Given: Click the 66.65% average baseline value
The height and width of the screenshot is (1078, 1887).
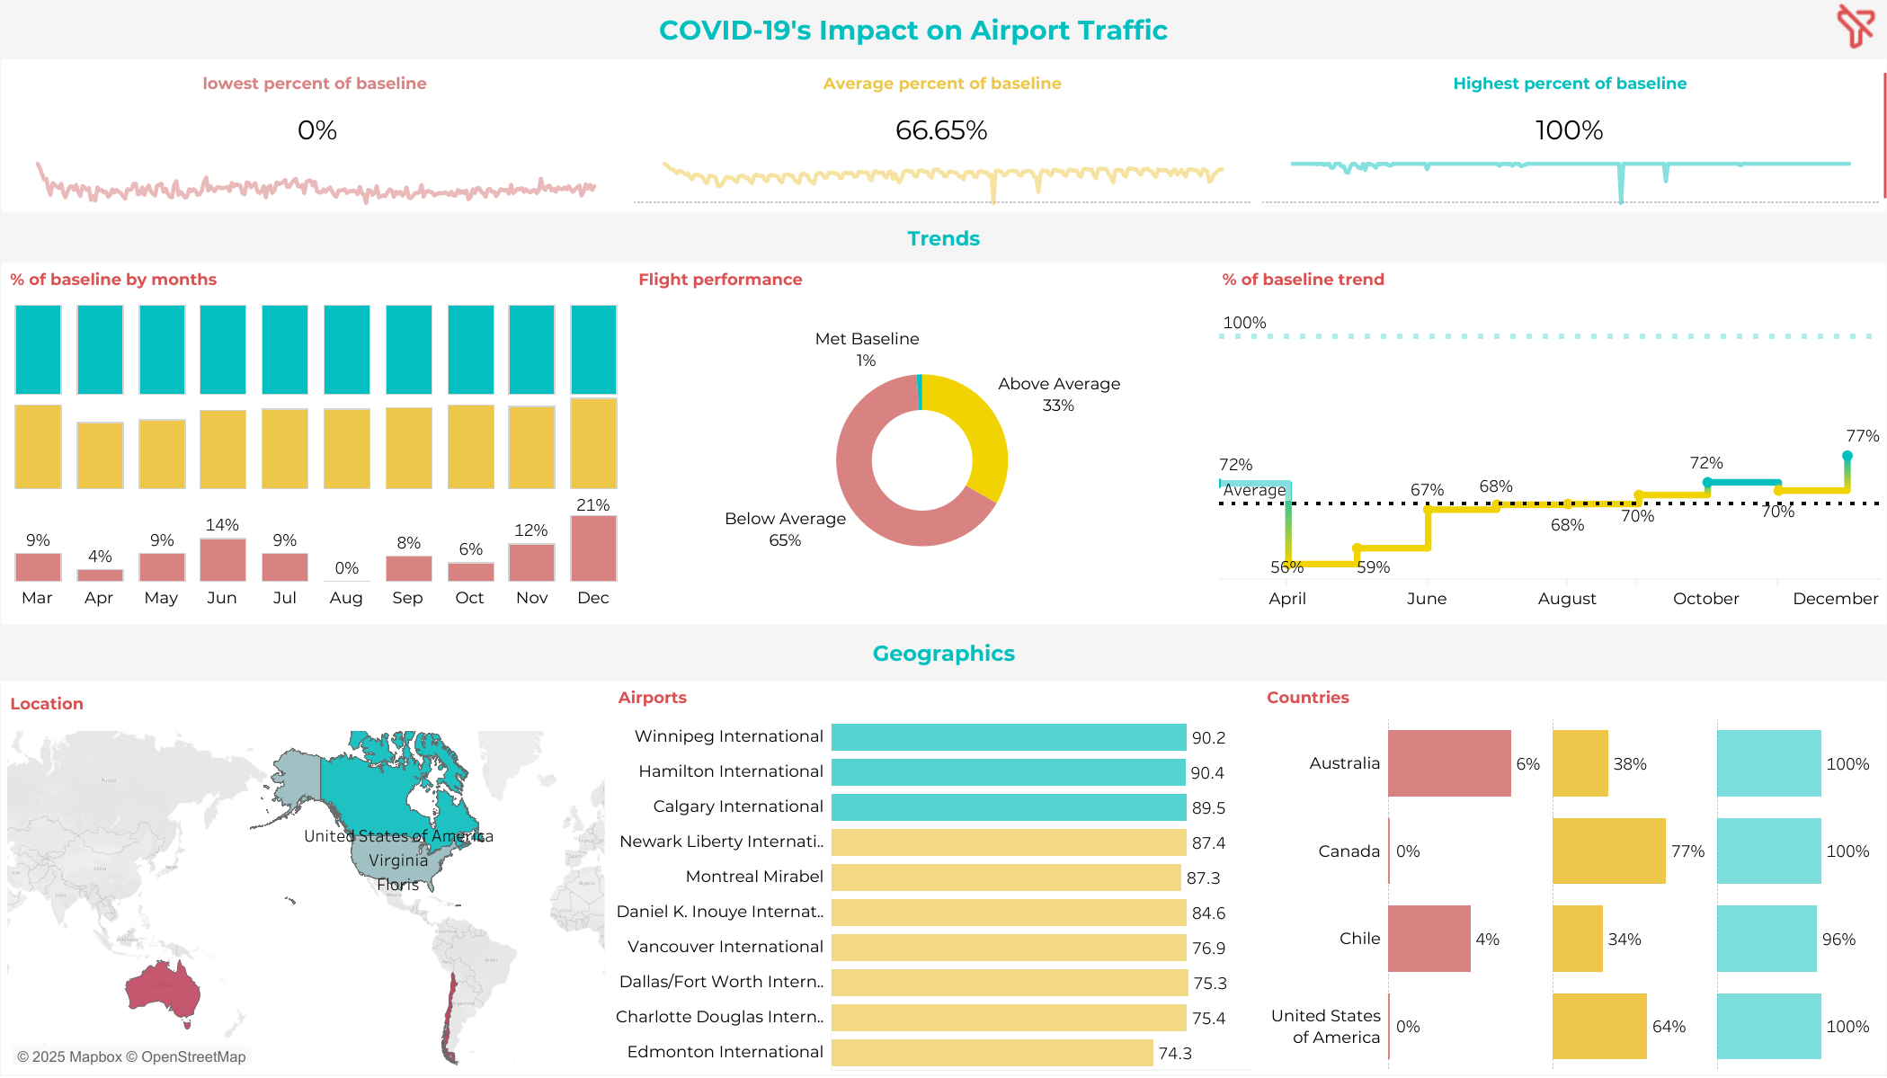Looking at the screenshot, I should point(941,131).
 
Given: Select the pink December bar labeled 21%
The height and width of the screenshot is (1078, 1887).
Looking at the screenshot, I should point(593,548).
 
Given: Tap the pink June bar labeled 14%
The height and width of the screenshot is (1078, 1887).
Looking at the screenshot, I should point(222,559).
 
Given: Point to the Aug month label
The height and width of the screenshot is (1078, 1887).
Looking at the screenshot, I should point(346,598).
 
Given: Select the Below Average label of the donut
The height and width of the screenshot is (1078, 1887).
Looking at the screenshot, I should point(785,519).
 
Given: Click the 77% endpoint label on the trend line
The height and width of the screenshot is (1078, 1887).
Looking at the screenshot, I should point(1862,436).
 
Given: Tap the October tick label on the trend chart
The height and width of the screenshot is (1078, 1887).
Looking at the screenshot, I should point(1705,599).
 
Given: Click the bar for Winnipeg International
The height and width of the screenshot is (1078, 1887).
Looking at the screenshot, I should point(1008,737).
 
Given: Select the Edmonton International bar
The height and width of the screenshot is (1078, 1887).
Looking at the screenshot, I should point(992,1053).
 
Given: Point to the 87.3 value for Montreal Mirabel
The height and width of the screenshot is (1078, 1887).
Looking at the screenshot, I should point(1203,878).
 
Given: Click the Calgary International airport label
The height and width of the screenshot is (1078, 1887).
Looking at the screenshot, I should point(737,806).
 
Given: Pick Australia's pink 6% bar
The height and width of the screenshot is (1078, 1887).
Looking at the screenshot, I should point(1448,763).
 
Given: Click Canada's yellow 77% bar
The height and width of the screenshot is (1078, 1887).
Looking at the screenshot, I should point(1608,851).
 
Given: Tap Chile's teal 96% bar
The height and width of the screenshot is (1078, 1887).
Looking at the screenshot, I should point(1767,939).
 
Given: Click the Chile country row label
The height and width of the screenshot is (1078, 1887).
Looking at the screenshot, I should point(1359,939).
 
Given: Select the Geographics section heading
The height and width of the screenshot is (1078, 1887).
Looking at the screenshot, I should point(943,654).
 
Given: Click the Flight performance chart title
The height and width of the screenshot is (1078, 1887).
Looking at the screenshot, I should point(720,280).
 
